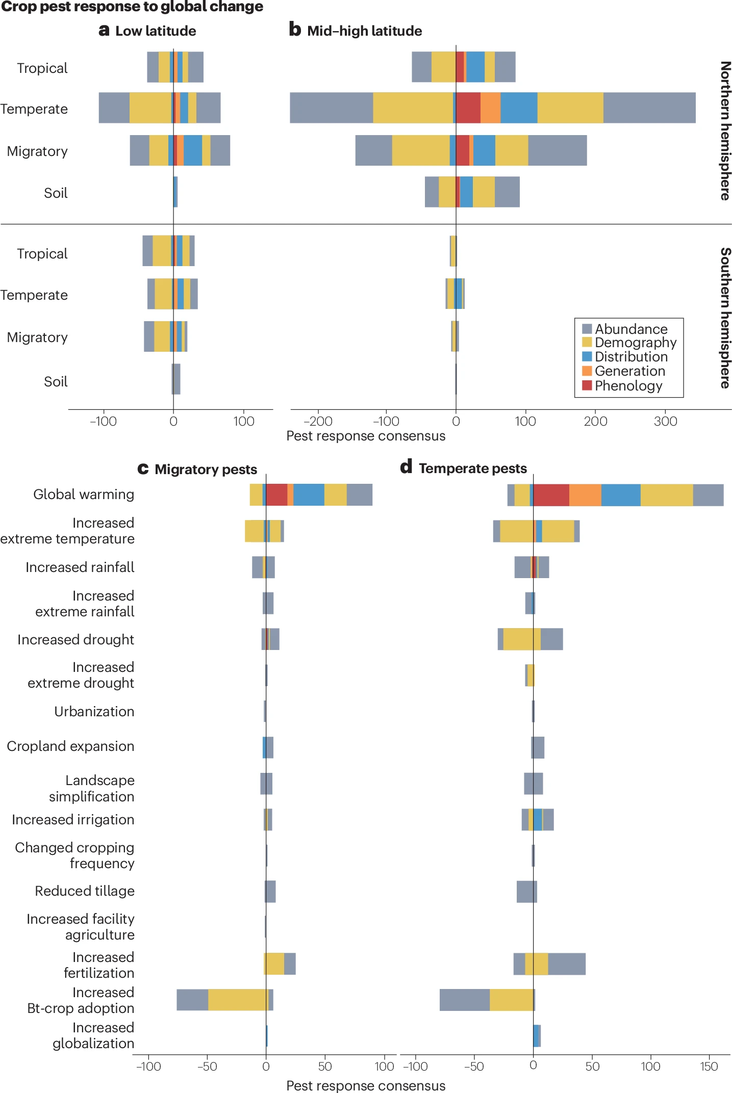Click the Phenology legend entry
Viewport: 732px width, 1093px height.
628,386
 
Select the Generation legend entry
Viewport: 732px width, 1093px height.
629,371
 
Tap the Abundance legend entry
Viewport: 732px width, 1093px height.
630,329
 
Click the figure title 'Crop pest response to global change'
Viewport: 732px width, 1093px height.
132,7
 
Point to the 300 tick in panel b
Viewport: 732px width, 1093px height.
665,422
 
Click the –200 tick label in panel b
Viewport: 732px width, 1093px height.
317,422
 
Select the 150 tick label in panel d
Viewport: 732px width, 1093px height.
709,1066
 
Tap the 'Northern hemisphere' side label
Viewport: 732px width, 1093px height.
725,131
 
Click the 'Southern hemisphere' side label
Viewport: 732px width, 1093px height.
725,318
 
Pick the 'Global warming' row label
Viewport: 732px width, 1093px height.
84,495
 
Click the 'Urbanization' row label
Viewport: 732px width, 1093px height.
94,712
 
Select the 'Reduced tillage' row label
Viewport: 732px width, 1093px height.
85,891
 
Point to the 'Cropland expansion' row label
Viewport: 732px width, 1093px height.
70,746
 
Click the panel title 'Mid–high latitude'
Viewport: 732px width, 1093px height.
364,31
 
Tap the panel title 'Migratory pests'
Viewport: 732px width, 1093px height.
206,470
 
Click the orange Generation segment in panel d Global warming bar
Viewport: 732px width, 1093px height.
585,495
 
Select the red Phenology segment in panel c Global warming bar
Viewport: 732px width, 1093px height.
276,495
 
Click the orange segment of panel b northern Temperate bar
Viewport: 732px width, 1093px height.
490,108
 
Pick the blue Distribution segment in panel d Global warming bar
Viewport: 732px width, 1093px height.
621,495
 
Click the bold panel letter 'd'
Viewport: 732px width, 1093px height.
406,467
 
